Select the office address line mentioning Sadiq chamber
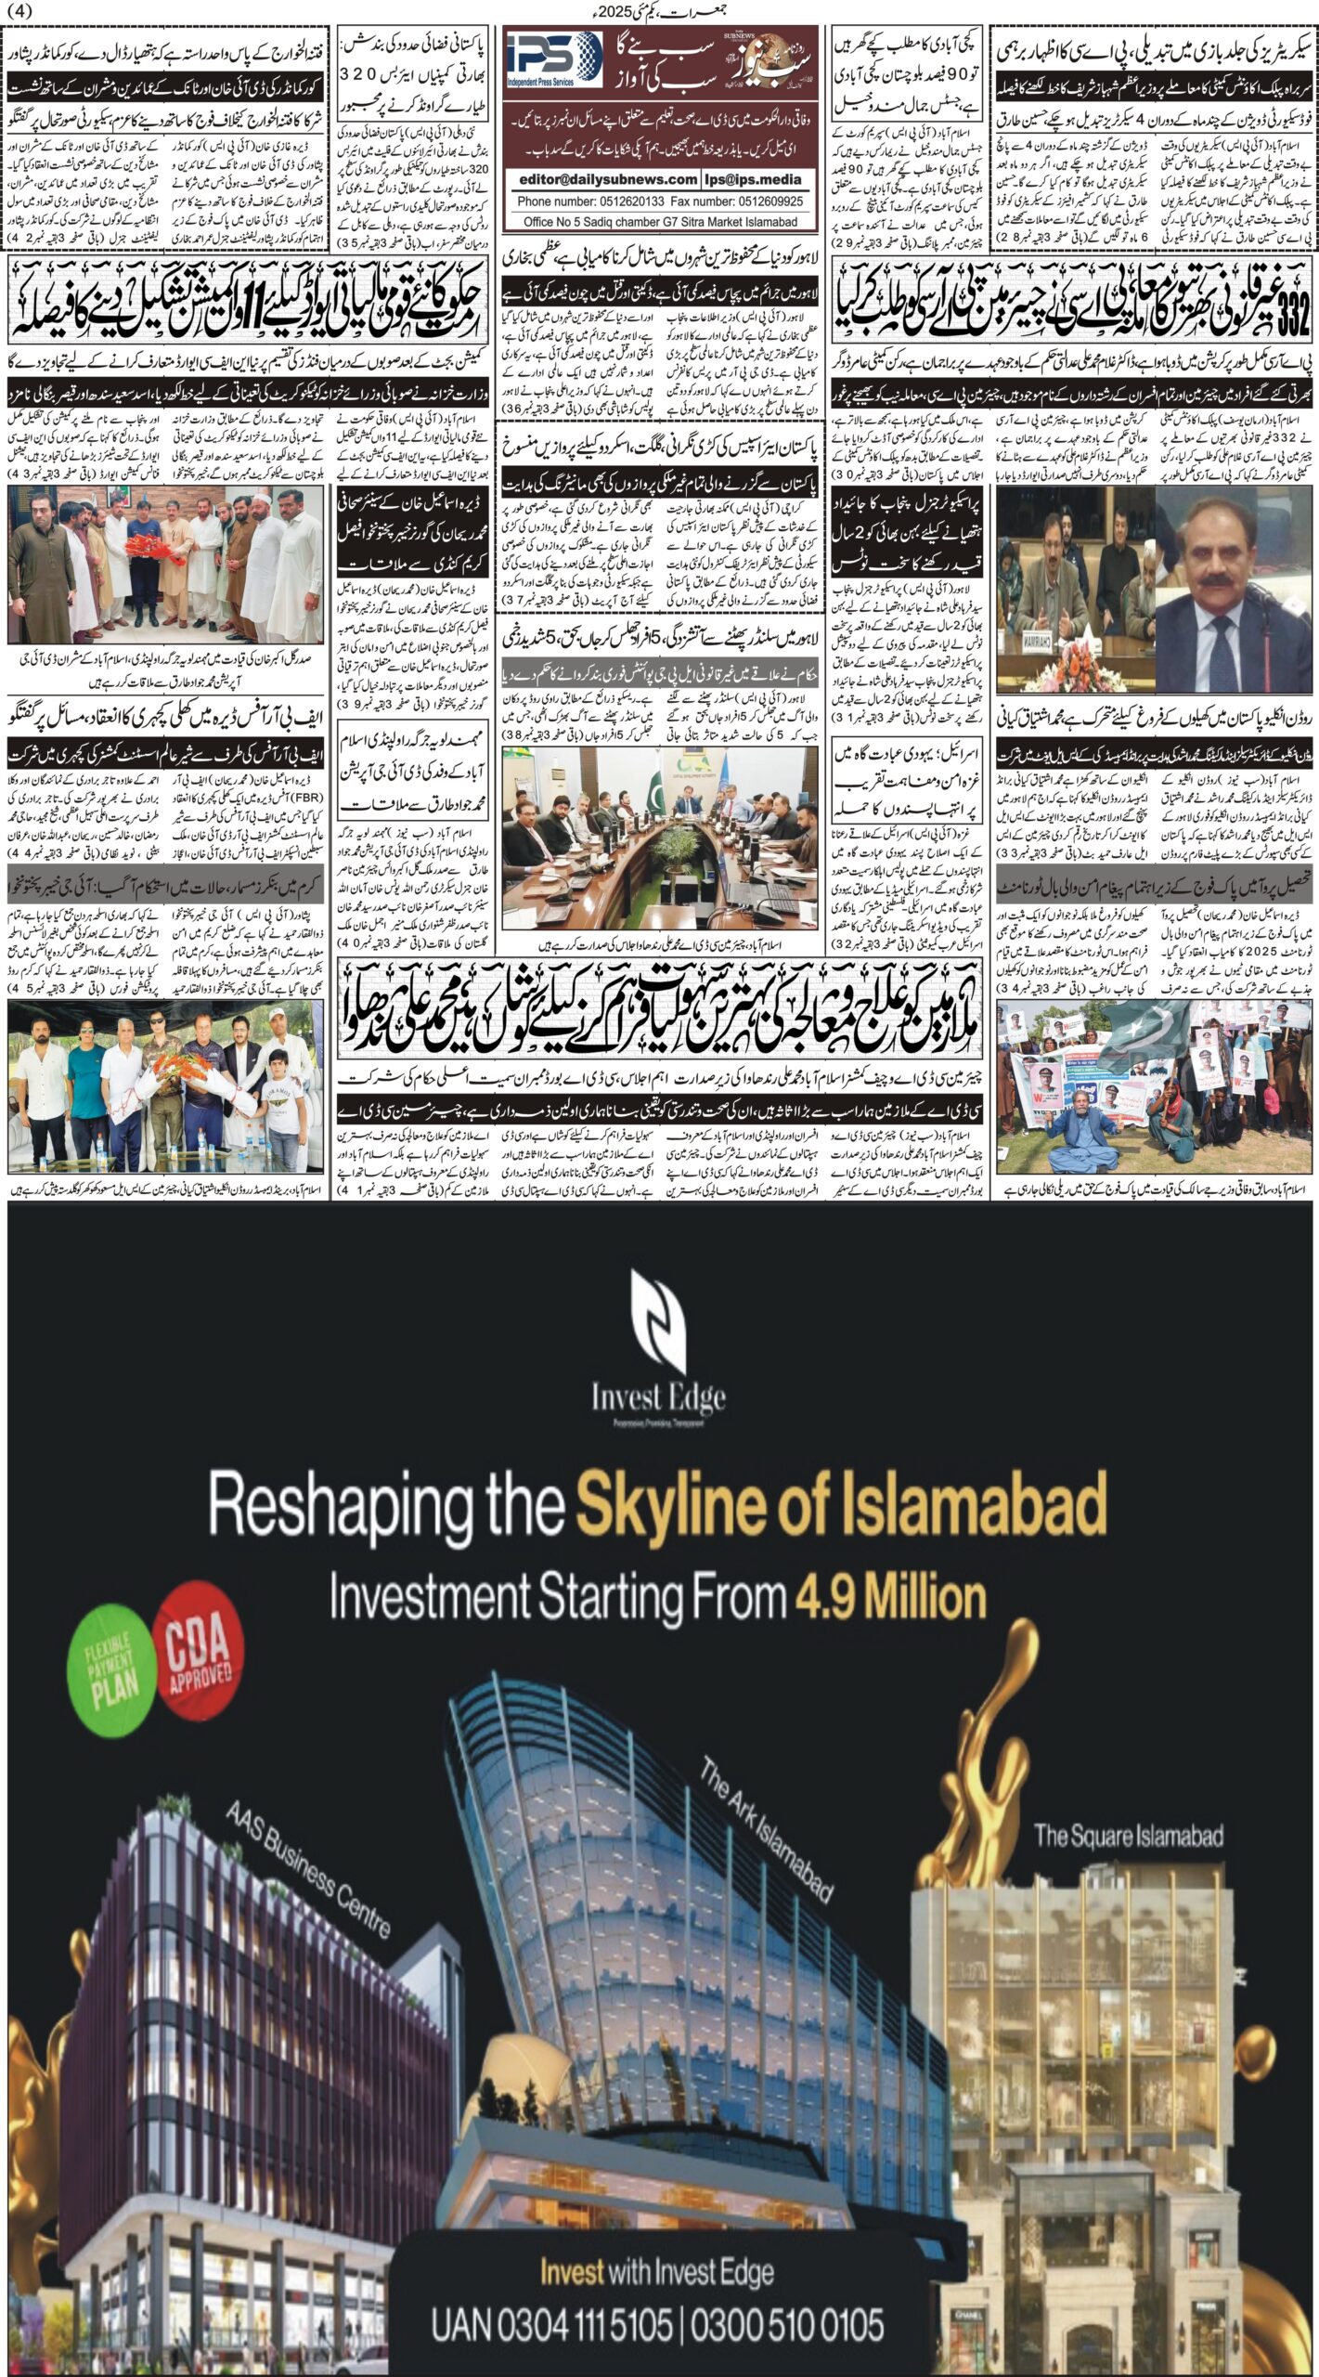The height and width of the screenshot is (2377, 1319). (x=660, y=222)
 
